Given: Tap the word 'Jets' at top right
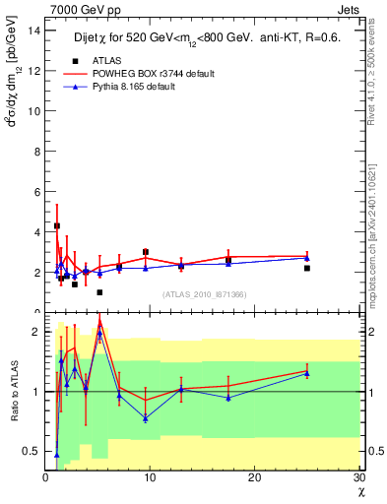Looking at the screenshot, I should pyautogui.click(x=351, y=9).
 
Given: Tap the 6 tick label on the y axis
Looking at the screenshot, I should pyautogui.click(x=36, y=191).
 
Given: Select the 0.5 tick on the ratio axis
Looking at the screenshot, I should pyautogui.click(x=32, y=451).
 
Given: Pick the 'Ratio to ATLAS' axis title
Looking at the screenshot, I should pyautogui.click(x=13, y=392).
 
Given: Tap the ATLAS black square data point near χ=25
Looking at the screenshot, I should pyautogui.click(x=307, y=268).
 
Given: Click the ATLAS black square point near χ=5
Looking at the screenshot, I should pyautogui.click(x=99, y=292).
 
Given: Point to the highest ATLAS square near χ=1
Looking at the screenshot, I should pyautogui.click(x=56, y=225).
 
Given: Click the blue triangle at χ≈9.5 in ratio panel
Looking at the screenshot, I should pyautogui.click(x=146, y=418).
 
